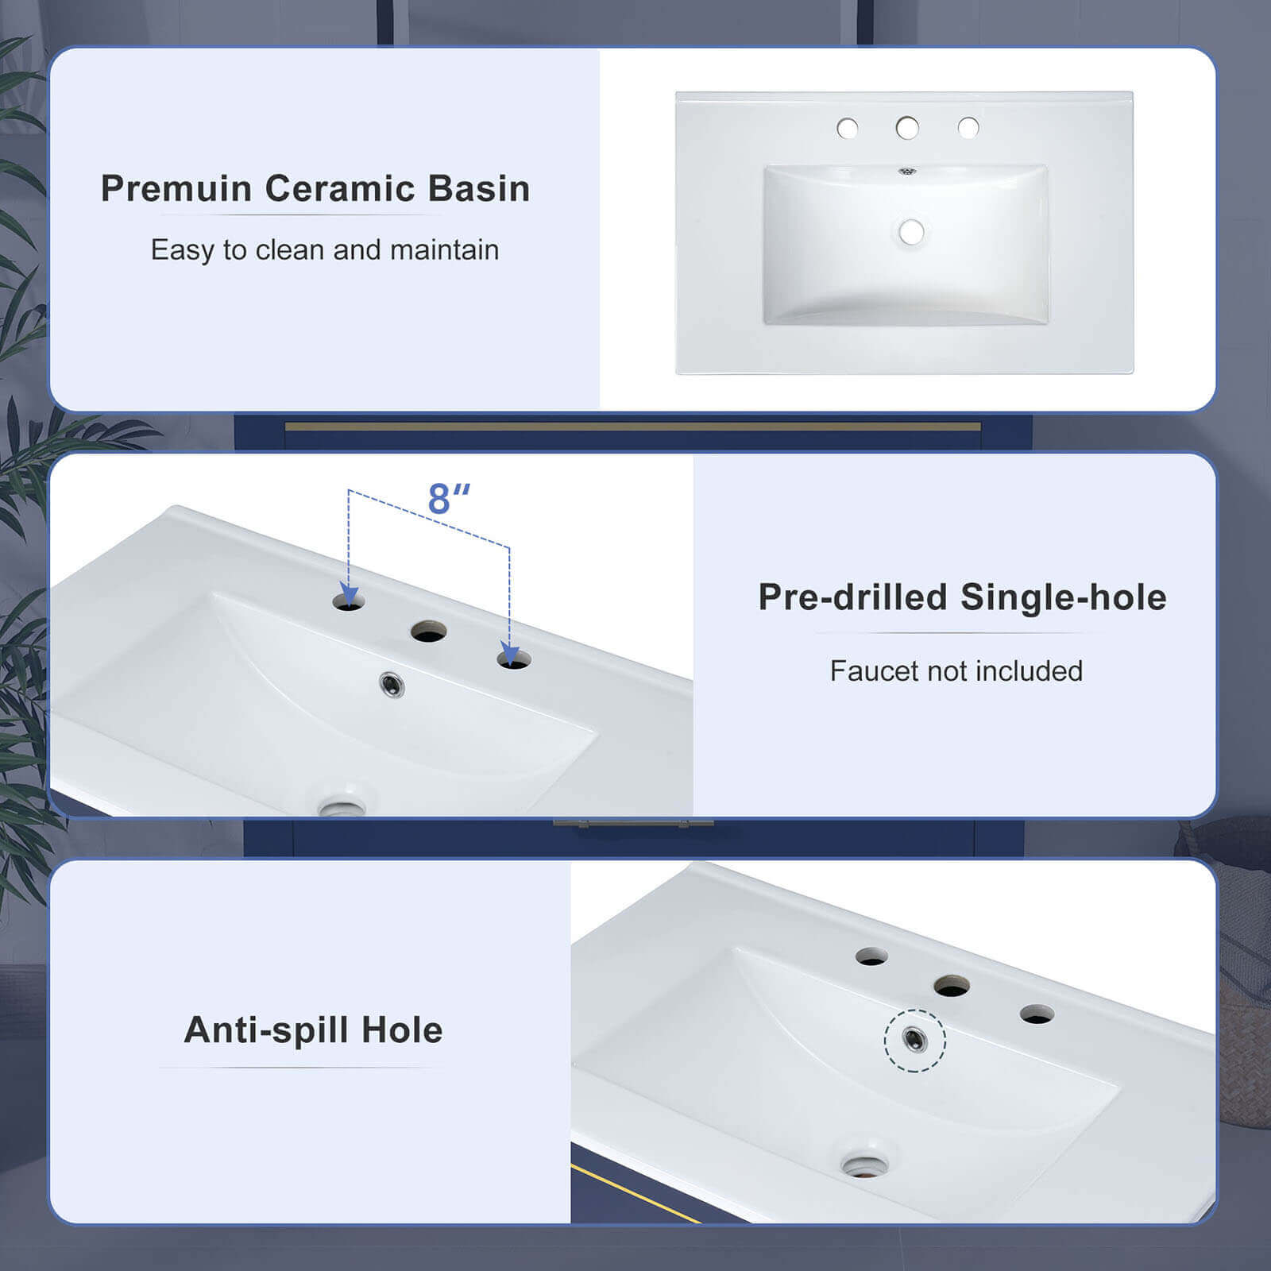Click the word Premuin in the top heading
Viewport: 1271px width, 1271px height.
click(x=176, y=189)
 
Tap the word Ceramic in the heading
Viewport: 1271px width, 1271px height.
click(x=341, y=189)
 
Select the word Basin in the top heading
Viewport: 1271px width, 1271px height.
click(x=479, y=189)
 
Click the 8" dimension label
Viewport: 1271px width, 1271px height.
click(x=449, y=499)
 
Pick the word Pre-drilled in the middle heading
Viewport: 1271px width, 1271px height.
click(x=852, y=597)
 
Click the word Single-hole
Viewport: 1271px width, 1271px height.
click(x=1063, y=597)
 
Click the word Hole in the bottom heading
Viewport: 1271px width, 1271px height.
click(x=402, y=1030)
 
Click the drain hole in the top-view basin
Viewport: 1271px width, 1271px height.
click(x=911, y=232)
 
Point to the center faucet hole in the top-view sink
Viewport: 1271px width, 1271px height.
click(x=907, y=128)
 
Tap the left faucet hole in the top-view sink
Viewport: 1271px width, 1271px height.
click(x=848, y=128)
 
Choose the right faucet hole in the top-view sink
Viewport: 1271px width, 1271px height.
click(x=968, y=128)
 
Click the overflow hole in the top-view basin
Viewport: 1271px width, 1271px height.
click(x=906, y=170)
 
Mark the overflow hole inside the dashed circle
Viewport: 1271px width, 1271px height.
click(x=915, y=1038)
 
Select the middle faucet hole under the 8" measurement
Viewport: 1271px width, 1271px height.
click(x=428, y=632)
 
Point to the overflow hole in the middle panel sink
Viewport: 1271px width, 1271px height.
click(x=392, y=684)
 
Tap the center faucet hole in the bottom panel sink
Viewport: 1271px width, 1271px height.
click(x=951, y=986)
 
